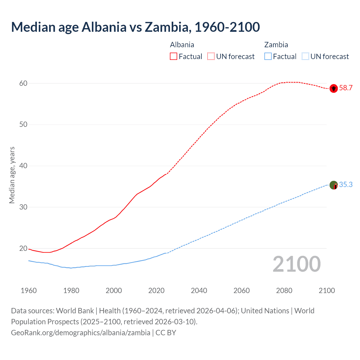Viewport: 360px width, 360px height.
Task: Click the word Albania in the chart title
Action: tap(104, 27)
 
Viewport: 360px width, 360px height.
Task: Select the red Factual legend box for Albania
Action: tap(174, 56)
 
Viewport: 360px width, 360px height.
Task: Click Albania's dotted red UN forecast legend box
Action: tap(211, 56)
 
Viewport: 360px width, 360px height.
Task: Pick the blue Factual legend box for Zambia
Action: tap(268, 56)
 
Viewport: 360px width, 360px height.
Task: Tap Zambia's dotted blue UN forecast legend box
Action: tap(305, 56)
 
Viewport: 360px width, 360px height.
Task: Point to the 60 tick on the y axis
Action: tap(23, 83)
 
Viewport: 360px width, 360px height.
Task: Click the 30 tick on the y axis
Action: tap(23, 207)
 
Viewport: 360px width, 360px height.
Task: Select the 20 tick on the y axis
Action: tap(23, 249)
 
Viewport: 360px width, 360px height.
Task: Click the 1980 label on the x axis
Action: tap(71, 291)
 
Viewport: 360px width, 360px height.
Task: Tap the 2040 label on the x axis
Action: tap(199, 291)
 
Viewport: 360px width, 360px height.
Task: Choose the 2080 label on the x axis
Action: tap(284, 291)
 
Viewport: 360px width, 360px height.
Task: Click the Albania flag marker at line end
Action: tap(334, 89)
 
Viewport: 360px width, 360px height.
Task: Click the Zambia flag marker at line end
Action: tap(334, 185)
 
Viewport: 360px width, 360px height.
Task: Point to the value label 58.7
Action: tap(346, 88)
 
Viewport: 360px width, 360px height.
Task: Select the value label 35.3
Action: tap(346, 185)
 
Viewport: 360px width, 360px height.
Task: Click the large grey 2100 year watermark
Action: tap(296, 264)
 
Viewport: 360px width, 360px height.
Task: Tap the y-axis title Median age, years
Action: tap(12, 175)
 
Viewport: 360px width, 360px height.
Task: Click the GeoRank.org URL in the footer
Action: tap(80, 333)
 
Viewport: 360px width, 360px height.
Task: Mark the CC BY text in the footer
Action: tap(166, 333)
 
